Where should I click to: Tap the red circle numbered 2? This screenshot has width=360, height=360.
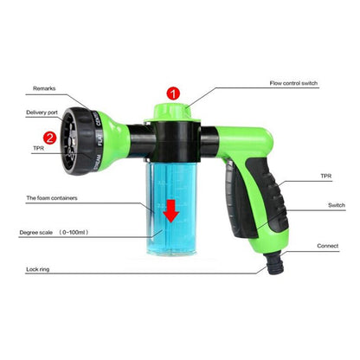click(x=50, y=136)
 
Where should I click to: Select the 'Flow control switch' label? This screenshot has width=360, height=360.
click(x=294, y=85)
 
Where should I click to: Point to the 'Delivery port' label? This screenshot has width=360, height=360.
click(x=47, y=112)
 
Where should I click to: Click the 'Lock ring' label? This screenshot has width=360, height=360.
click(x=36, y=270)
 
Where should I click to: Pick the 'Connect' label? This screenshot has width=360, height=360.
click(x=327, y=246)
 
